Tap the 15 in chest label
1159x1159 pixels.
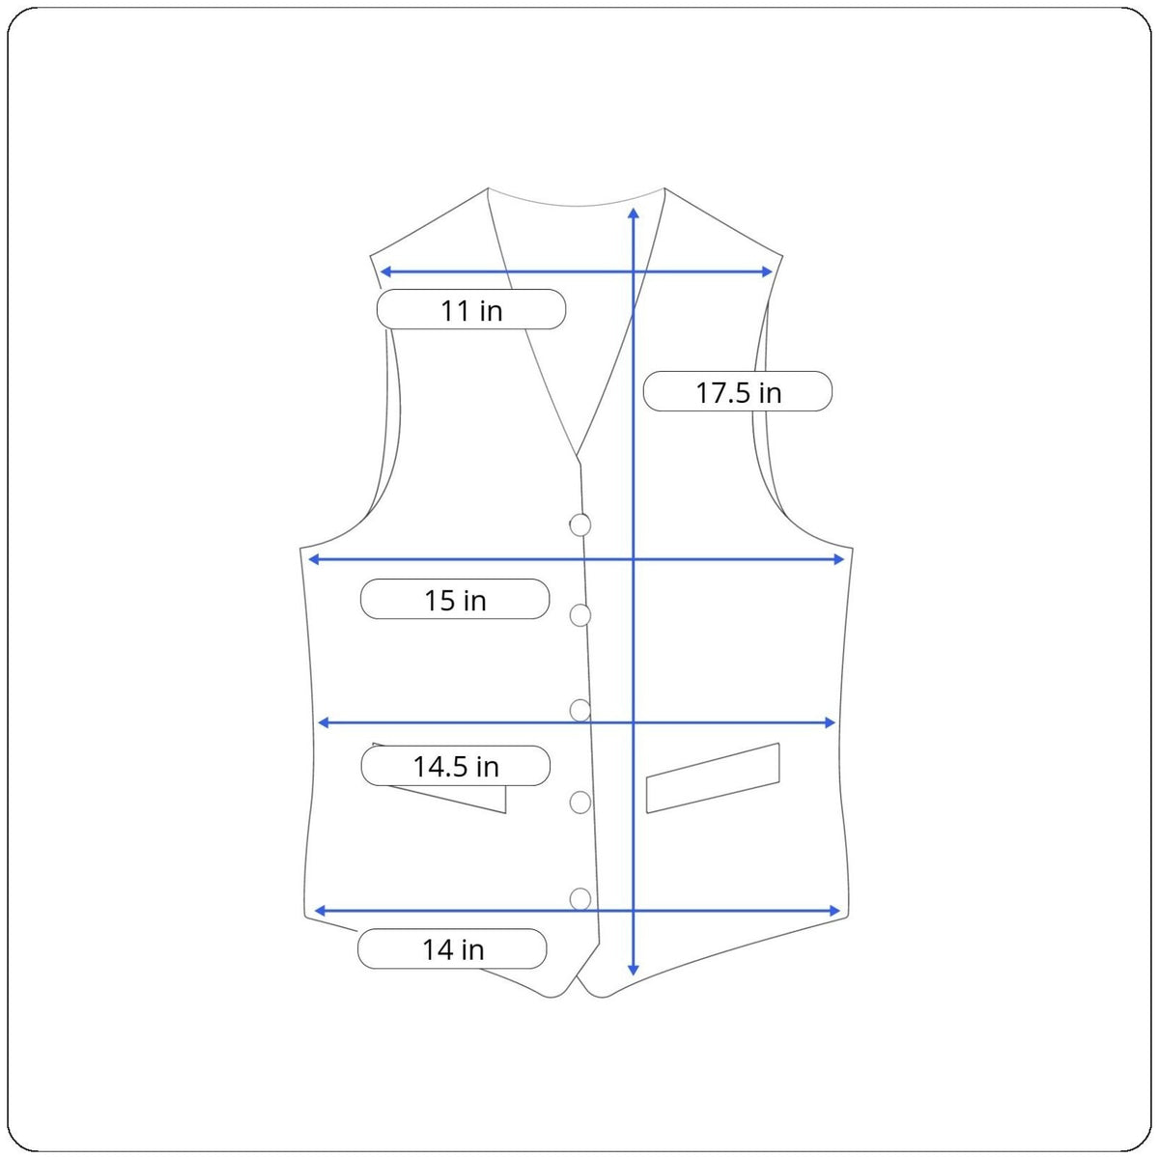click(x=455, y=599)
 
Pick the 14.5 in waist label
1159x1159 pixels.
click(x=455, y=766)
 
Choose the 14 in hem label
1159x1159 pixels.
click(x=452, y=948)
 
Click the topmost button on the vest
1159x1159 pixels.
click(x=579, y=525)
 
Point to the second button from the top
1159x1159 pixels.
click(x=579, y=615)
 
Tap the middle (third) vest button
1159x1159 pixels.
click(x=579, y=710)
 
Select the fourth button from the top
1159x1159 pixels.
click(x=579, y=803)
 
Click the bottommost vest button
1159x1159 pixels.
click(x=579, y=899)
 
